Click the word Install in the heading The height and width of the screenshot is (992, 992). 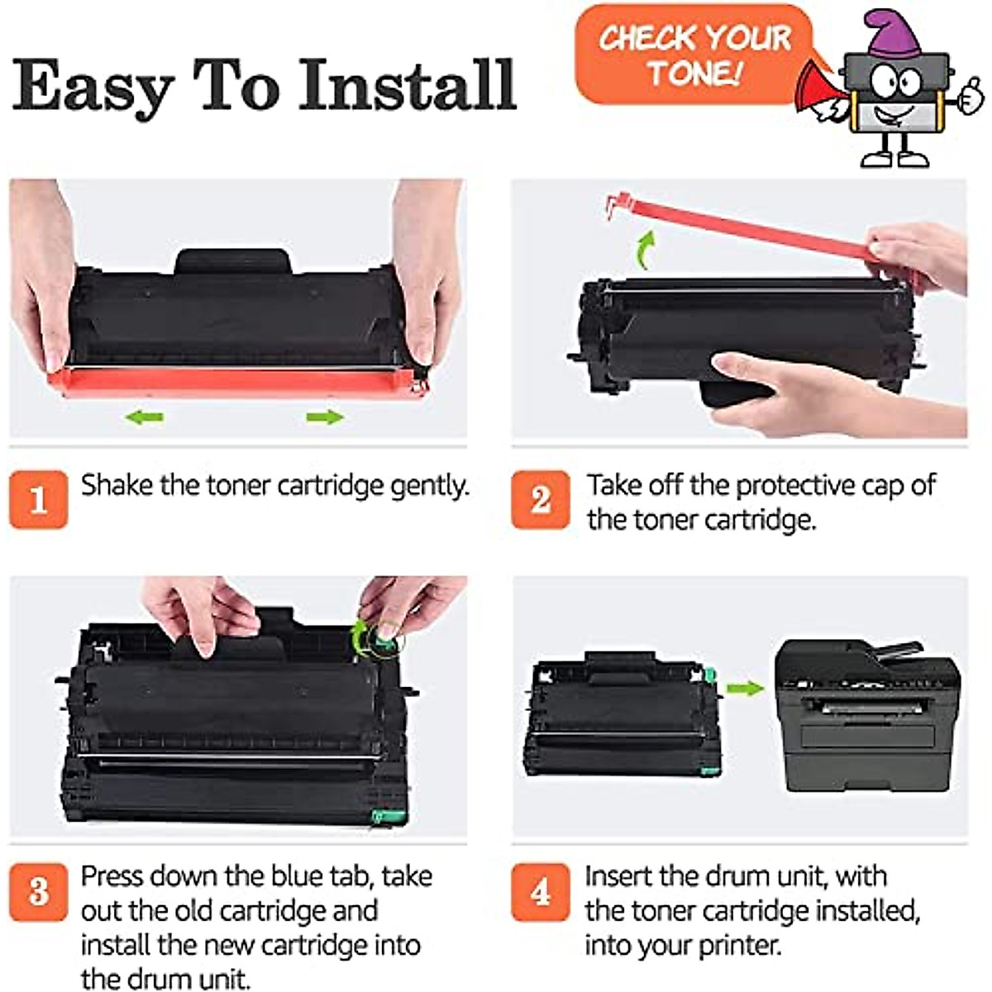click(407, 84)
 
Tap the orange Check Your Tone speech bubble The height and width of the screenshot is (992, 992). click(693, 55)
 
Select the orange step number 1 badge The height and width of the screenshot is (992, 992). click(38, 499)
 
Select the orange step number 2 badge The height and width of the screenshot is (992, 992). click(540, 499)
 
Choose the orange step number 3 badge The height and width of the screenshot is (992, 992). click(38, 892)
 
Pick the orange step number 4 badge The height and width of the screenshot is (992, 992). click(540, 892)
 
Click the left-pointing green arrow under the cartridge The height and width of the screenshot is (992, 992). click(145, 417)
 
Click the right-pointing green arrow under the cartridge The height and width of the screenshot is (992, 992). click(324, 417)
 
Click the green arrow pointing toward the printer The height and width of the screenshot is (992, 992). click(745, 688)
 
